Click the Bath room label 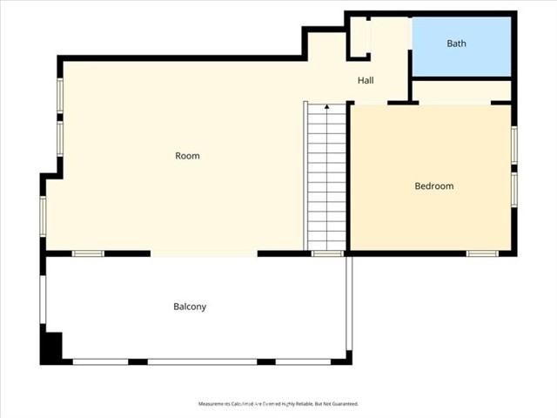click(457, 44)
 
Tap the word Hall click(366, 81)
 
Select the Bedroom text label click(433, 186)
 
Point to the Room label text click(187, 157)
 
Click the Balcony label click(190, 307)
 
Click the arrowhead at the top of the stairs click(327, 107)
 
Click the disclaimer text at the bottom click(278, 404)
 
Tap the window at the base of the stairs click(327, 253)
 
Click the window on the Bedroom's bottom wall click(481, 253)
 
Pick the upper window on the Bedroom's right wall click(514, 145)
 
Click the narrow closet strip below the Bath click(460, 91)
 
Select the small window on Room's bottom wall click(88, 253)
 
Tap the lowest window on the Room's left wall click(43, 216)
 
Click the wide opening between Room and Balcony click(205, 253)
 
